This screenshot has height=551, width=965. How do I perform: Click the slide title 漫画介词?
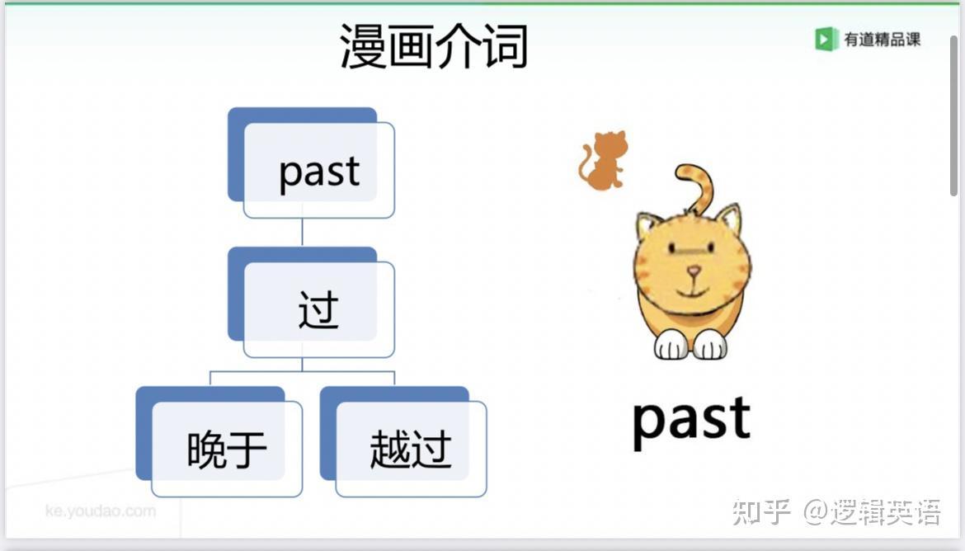point(434,45)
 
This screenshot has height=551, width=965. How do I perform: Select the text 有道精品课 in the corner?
point(882,40)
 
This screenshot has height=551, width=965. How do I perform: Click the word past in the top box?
point(319,172)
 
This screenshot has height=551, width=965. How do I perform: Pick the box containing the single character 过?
point(311,302)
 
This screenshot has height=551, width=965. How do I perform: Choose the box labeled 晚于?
point(219,441)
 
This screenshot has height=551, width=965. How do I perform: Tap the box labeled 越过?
point(403,441)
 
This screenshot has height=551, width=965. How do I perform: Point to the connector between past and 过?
point(302,233)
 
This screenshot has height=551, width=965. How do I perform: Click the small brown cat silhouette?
point(603,160)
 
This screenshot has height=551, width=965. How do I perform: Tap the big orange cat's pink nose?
point(694,270)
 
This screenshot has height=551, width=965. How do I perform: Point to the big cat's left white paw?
point(671,346)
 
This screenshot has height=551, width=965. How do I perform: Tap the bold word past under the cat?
point(692,421)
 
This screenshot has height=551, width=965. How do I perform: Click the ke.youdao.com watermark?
point(101,511)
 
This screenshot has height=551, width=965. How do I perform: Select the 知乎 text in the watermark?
point(761,512)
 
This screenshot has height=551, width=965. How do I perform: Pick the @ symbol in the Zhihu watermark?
point(816,512)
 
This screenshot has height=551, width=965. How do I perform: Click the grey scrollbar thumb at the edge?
point(954,115)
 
